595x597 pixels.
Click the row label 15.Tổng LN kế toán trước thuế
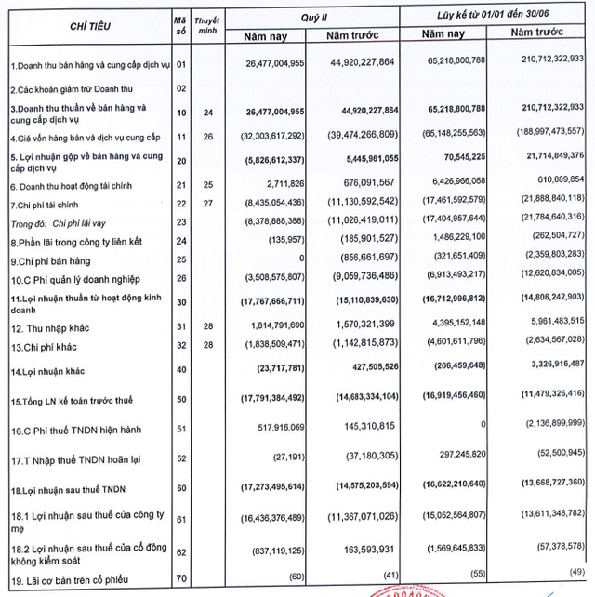(71, 400)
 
